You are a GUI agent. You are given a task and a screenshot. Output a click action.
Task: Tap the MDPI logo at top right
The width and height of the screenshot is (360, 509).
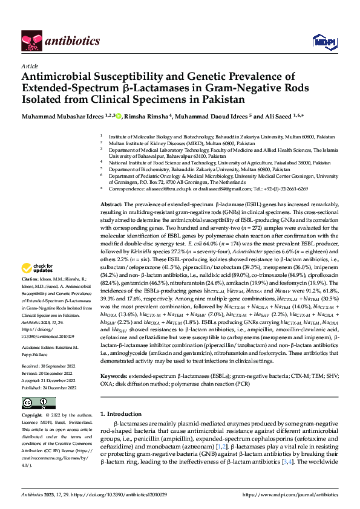pos(319,41)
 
